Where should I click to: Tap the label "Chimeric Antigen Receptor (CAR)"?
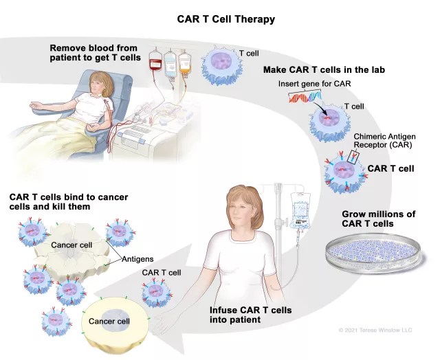[x=388, y=142]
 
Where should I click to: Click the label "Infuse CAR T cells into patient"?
[x=250, y=315]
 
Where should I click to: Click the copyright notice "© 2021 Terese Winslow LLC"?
[x=375, y=331]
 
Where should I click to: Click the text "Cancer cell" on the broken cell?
[x=73, y=245]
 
